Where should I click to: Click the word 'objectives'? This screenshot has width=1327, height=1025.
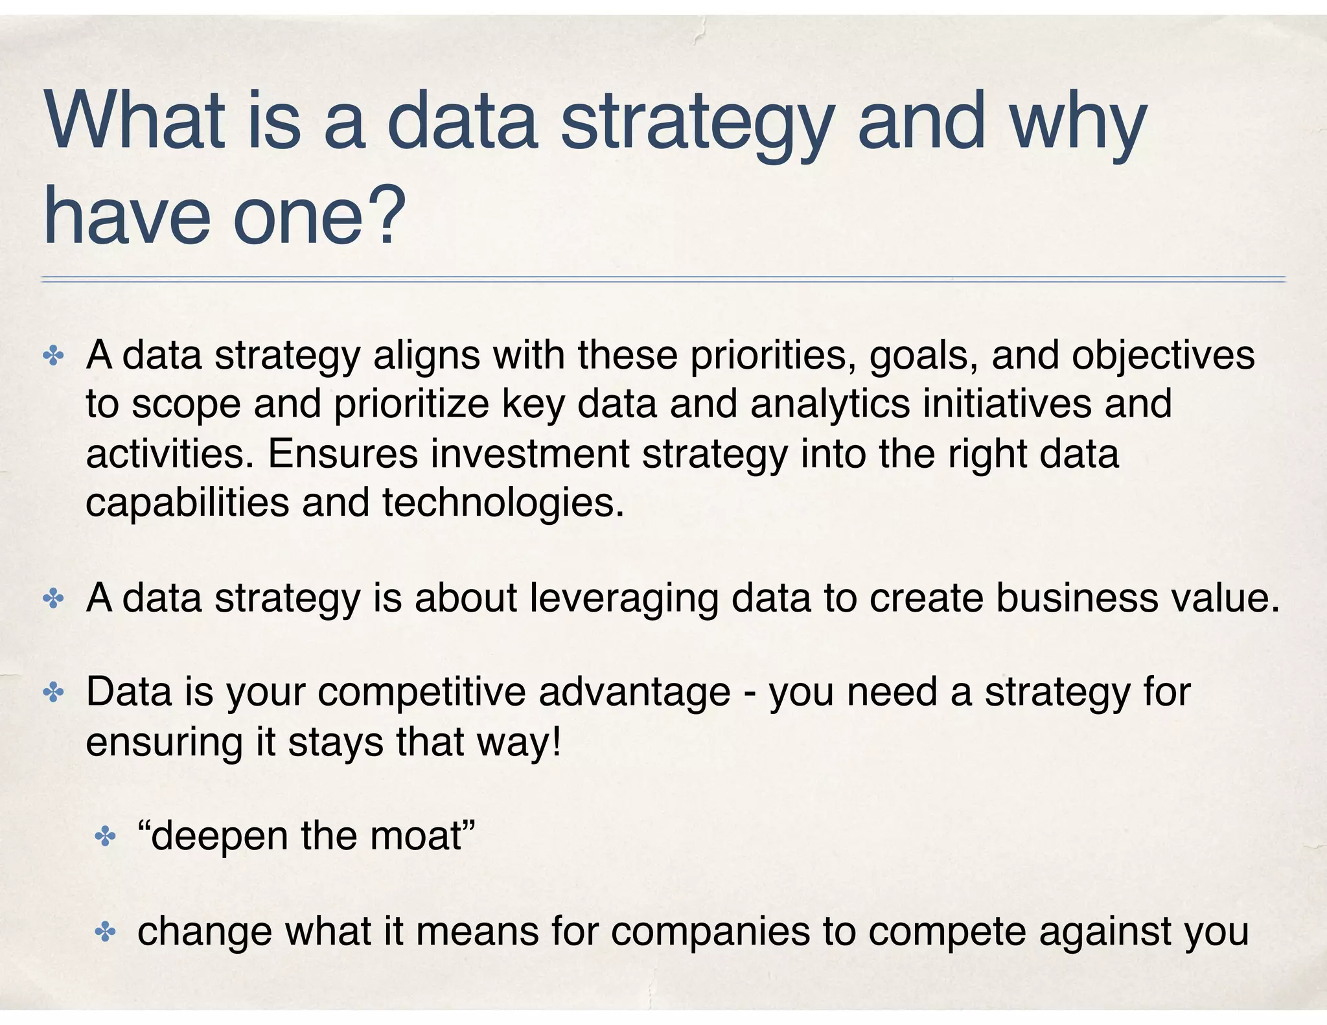[x=1163, y=356]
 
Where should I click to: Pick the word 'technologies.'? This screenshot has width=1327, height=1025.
[x=503, y=502]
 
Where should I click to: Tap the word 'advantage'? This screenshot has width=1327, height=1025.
[x=634, y=693]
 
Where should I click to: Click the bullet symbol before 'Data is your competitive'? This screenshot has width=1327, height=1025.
[x=52, y=693]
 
